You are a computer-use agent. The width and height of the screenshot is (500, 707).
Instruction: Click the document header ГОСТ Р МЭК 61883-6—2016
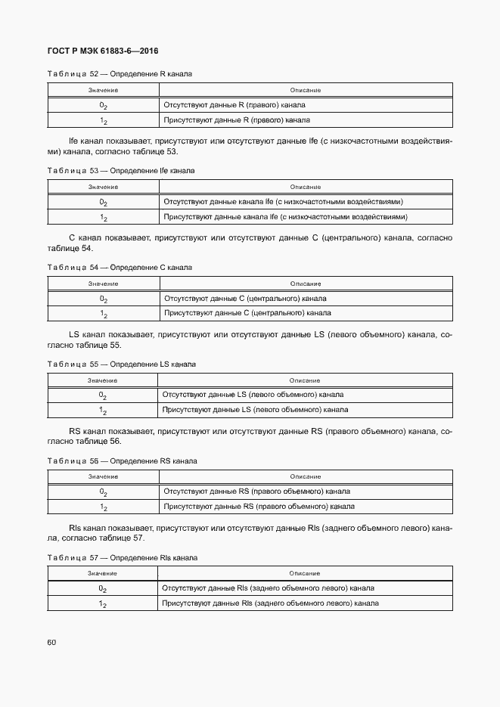coord(102,51)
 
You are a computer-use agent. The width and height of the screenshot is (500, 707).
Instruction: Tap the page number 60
coord(51,643)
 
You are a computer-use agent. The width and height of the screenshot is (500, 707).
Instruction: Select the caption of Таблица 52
coord(120,75)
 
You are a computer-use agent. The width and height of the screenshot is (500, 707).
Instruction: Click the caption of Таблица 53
coord(121,171)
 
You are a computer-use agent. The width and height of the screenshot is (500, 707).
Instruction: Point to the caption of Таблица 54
coord(120,268)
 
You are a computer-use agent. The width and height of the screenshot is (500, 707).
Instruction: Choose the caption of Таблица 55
coord(121,364)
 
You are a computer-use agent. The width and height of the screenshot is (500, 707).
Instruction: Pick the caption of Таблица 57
coord(122,558)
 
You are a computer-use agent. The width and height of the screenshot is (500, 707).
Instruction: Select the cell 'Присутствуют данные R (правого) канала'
coord(237,120)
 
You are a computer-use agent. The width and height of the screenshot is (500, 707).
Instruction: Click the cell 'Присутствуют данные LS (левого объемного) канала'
coord(256,410)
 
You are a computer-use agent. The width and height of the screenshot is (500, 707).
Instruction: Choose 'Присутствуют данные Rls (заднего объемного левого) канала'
coord(271,603)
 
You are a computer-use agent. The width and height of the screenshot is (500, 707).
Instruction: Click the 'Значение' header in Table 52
coord(103,91)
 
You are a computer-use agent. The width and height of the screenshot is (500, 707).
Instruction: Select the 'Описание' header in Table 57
coord(305,574)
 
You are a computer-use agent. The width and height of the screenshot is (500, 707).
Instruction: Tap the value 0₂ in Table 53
coord(103,202)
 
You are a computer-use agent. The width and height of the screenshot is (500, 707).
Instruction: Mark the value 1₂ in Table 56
coord(103,507)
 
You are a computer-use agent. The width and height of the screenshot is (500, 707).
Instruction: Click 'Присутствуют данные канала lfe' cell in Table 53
coord(286,217)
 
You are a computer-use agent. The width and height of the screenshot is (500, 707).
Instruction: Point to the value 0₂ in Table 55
coord(103,395)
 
